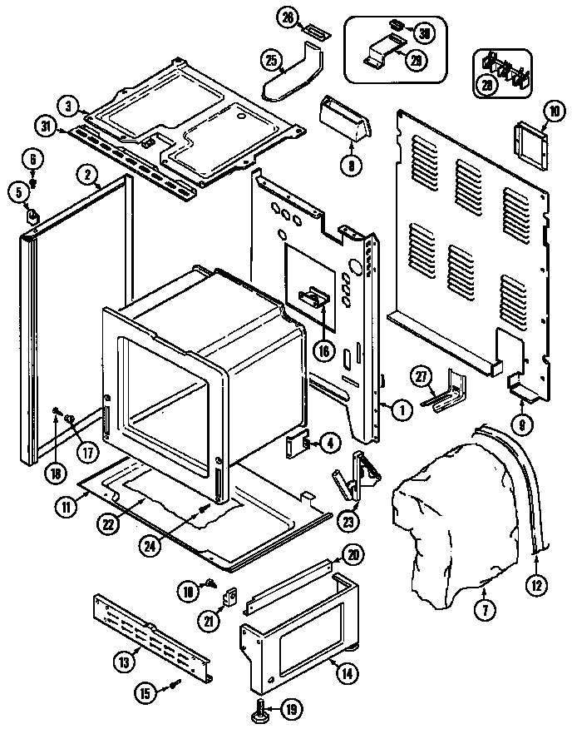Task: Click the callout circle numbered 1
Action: coord(402,409)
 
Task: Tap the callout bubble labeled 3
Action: coord(68,106)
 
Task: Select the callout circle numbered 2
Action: coord(86,175)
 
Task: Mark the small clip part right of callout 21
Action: coord(233,596)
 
